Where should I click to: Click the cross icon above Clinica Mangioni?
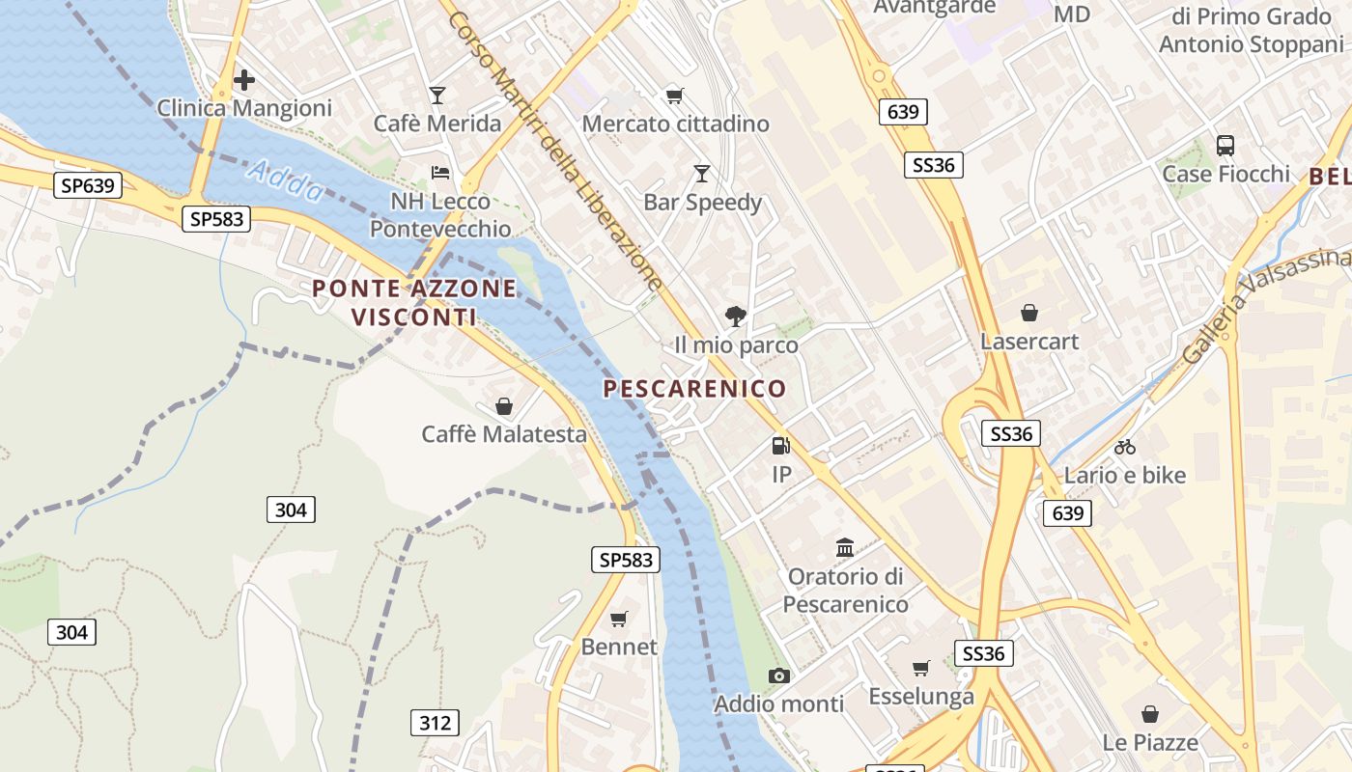(x=244, y=79)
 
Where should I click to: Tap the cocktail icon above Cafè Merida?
(x=437, y=95)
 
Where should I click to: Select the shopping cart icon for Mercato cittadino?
(x=674, y=95)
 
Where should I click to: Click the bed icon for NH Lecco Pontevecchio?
(x=440, y=173)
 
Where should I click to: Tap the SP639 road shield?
(x=88, y=185)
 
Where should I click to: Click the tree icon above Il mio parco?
(x=736, y=316)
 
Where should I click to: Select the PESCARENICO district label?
(x=694, y=389)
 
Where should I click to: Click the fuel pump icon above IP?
(x=780, y=446)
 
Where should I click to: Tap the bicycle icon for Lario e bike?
(x=1124, y=447)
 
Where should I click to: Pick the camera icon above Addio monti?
(x=778, y=675)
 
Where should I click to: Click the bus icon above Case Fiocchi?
(x=1225, y=146)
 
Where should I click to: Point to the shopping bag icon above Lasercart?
(x=1029, y=313)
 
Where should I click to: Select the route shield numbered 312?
(x=435, y=722)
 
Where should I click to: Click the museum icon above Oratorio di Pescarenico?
(x=845, y=548)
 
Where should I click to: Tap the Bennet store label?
(x=619, y=647)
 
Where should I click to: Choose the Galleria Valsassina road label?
(x=1265, y=306)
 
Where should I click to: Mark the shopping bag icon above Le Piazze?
(x=1149, y=714)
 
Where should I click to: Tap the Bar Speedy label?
(x=703, y=203)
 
